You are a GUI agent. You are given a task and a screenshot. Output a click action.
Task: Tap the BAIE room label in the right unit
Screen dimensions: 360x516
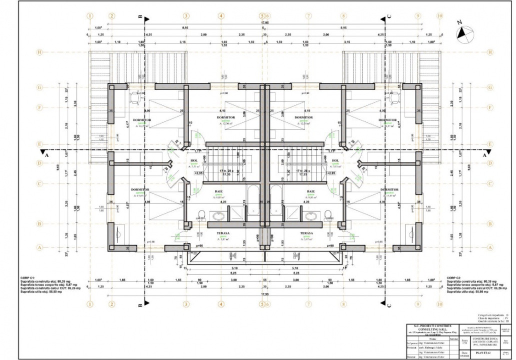pyautogui.click(x=310, y=191)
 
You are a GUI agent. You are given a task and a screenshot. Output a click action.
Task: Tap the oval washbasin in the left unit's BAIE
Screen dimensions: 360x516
pyautogui.click(x=219, y=216)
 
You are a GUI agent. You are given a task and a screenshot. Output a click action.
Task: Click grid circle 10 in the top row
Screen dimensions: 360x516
pyautogui.click(x=439, y=15)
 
